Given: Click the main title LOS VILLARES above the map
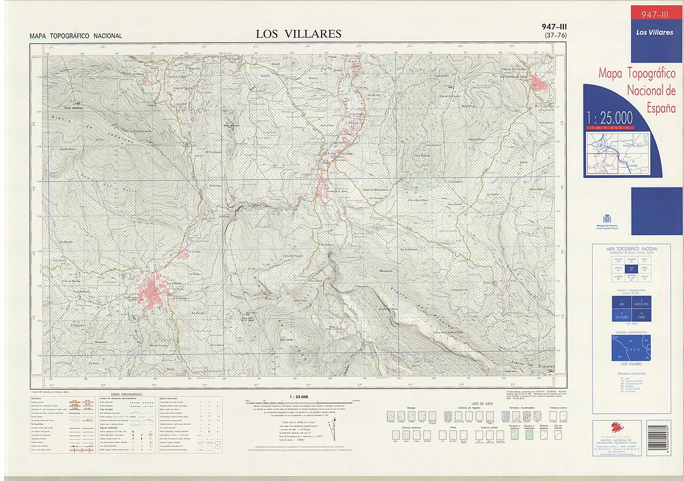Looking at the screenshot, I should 298,34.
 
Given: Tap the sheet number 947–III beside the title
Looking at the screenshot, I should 554,27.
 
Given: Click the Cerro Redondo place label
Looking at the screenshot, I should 422,156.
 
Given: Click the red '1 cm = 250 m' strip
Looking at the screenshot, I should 609,128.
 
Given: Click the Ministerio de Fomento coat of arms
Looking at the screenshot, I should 607,219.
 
